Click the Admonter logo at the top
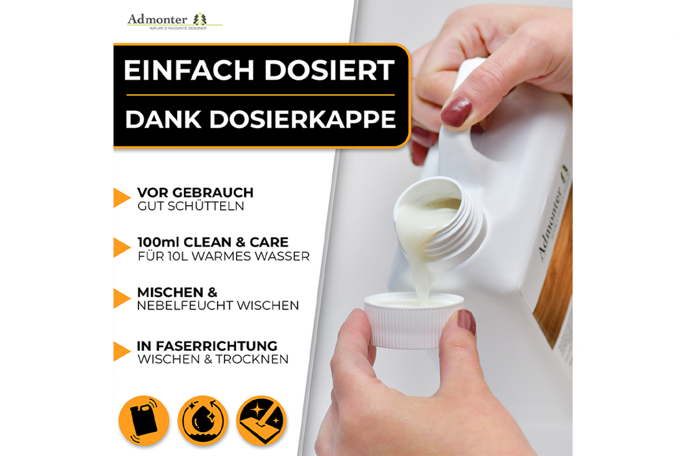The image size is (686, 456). pyautogui.click(x=174, y=21)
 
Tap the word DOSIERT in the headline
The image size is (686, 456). pyautogui.click(x=329, y=70)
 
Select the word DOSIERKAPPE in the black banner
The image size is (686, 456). pyautogui.click(x=302, y=119)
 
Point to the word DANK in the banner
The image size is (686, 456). pyautogui.click(x=163, y=119)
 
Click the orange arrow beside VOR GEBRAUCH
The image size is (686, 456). pyautogui.click(x=122, y=198)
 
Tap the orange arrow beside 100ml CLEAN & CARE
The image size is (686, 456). pyautogui.click(x=122, y=247)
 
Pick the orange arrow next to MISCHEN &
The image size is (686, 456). pyautogui.click(x=122, y=298)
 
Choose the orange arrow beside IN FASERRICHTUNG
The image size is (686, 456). pyautogui.click(x=122, y=351)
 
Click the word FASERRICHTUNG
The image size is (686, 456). pyautogui.click(x=216, y=346)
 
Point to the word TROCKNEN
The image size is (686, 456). pyautogui.click(x=252, y=359)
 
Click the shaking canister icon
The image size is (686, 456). pyautogui.click(x=144, y=420)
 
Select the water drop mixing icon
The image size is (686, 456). pyautogui.click(x=203, y=420)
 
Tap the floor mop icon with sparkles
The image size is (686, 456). pyautogui.click(x=262, y=420)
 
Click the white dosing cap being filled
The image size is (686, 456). pyautogui.click(x=414, y=320)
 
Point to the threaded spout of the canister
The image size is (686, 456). pyautogui.click(x=441, y=219)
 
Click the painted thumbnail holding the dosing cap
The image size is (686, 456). pyautogui.click(x=466, y=323)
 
